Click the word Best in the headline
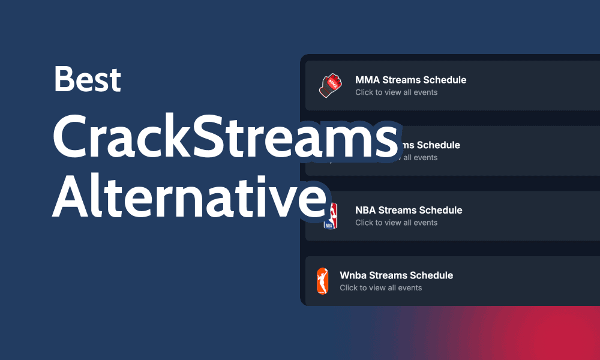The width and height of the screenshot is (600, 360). [x=88, y=79]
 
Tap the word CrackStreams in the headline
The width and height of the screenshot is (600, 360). [x=225, y=139]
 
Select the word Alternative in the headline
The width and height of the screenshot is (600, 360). [x=190, y=197]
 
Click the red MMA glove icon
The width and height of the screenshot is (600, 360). [x=330, y=86]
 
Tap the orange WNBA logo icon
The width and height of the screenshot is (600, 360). [x=323, y=281]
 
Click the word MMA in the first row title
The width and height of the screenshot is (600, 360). [x=365, y=80]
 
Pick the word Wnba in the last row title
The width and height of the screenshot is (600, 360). [x=353, y=275]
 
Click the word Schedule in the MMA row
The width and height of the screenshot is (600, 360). [x=445, y=80]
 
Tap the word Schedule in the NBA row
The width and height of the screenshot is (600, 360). [x=440, y=210]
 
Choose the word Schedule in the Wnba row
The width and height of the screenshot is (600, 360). [x=431, y=275]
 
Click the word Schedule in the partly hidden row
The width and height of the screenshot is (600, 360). [x=439, y=145]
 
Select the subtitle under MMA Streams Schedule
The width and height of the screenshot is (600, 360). [x=396, y=92]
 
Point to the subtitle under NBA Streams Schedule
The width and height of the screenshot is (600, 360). [x=396, y=223]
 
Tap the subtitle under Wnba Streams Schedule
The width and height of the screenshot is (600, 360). [x=380, y=288]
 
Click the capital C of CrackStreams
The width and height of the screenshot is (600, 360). [x=71, y=139]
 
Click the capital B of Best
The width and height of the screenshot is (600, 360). [x=64, y=79]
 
